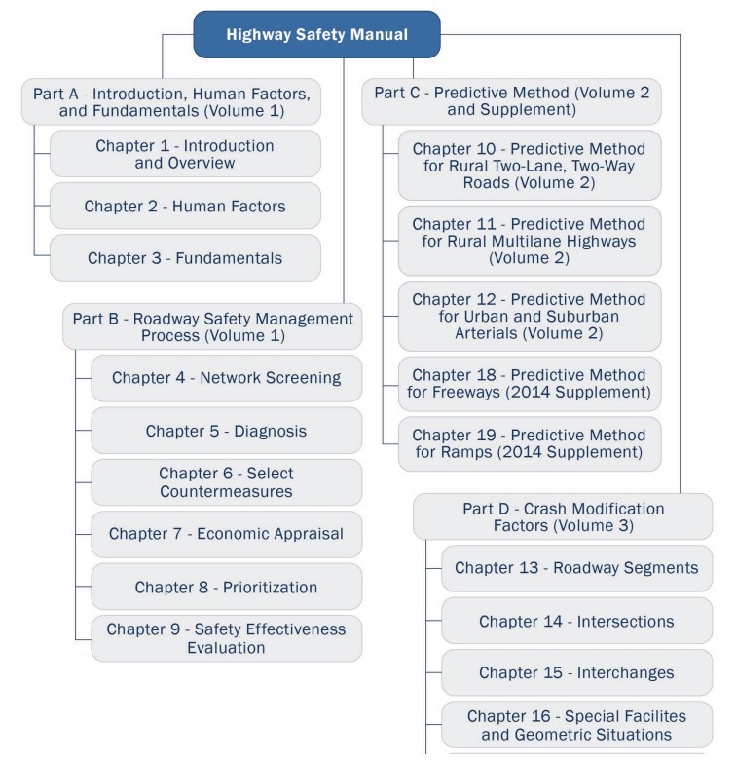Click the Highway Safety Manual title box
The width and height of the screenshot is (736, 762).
[x=316, y=35]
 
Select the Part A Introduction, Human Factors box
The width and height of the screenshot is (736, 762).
[x=171, y=102]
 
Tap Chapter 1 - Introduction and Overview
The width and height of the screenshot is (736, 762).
[x=185, y=154]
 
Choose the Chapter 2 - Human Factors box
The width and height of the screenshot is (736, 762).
[x=185, y=207]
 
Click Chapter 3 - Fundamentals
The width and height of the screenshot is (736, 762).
[x=185, y=258]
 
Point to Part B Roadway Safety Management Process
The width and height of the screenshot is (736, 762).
[x=212, y=326]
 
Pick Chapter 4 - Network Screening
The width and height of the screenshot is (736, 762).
[x=226, y=378]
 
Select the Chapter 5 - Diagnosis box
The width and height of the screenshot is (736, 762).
[x=226, y=431]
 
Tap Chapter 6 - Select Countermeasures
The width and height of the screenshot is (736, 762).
[x=226, y=482]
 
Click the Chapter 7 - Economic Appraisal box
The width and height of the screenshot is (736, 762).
[x=226, y=534]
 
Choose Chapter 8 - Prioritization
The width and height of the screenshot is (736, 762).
[x=226, y=587]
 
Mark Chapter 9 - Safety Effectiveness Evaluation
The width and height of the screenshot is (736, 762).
[x=226, y=638]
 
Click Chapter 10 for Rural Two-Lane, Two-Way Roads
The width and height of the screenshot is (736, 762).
[x=529, y=166]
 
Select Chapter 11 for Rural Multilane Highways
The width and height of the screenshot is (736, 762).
[x=529, y=241]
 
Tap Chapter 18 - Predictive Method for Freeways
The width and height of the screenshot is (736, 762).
[x=529, y=384]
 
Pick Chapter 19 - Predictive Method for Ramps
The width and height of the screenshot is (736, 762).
[x=529, y=444]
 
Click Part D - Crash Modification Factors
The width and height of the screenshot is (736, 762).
[x=563, y=516]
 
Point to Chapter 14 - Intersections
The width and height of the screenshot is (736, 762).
[x=576, y=621]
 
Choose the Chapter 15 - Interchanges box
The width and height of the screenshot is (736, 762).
[x=576, y=673]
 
